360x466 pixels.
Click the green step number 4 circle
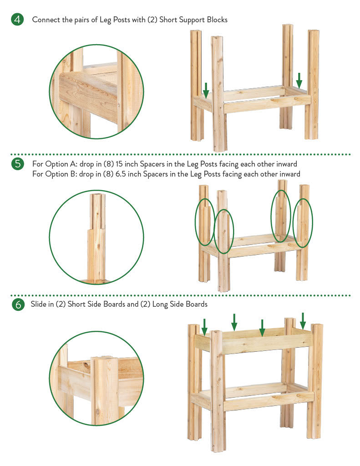tap(18, 19)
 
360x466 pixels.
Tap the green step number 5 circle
tap(18, 164)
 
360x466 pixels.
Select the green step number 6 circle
tap(18, 304)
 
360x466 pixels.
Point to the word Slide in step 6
tap(38, 304)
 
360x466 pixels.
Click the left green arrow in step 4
tap(206, 91)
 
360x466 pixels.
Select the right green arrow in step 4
tap(299, 81)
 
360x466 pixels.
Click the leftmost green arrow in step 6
tap(204, 327)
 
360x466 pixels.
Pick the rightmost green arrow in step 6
tap(303, 321)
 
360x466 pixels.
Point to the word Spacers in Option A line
tap(152, 164)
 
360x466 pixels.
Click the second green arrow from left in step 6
tap(234, 322)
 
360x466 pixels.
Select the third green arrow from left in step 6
tap(262, 328)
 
